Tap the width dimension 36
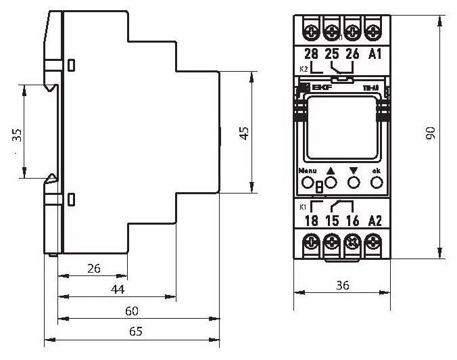pyautogui.click(x=342, y=286)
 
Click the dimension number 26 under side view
pyautogui.click(x=94, y=269)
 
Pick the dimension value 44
pyautogui.click(x=118, y=290)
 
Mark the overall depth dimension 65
pyautogui.click(x=136, y=332)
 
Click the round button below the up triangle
pyautogui.click(x=331, y=182)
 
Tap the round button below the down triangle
pyautogui.click(x=352, y=182)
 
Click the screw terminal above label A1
pyautogui.click(x=373, y=30)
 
